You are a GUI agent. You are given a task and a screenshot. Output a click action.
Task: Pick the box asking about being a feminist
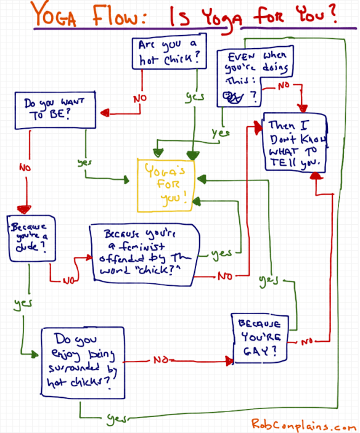(x=145, y=253)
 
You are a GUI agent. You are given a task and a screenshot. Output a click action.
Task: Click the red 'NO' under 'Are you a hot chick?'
(x=141, y=98)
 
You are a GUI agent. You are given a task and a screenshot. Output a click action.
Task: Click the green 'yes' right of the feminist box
(x=221, y=253)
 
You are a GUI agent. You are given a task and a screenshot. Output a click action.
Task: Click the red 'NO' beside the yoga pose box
(x=283, y=85)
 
